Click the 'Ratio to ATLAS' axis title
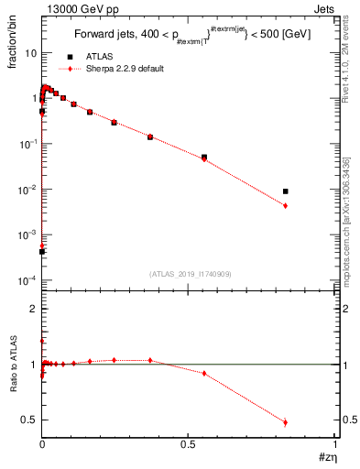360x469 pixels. coord(12,370)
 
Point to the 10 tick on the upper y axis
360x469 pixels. coord(30,53)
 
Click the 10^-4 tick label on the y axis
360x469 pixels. coord(27,279)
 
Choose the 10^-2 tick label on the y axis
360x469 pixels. coord(27,190)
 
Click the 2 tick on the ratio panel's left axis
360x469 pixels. coord(33,310)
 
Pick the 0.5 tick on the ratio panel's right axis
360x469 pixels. coord(348,420)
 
